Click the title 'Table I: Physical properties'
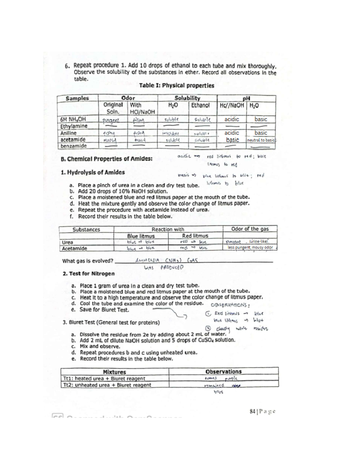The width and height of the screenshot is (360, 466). pyautogui.click(x=177, y=86)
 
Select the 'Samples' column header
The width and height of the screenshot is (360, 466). pyautogui.click(x=77, y=98)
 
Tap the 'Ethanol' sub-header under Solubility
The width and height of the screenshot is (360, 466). pyautogui.click(x=200, y=105)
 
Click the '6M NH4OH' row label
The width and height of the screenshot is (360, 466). pyautogui.click(x=73, y=119)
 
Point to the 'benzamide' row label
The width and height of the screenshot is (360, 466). pyautogui.click(x=73, y=146)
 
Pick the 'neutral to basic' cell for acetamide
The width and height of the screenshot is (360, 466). pyautogui.click(x=261, y=140)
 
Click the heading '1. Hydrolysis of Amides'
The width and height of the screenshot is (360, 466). pyautogui.click(x=93, y=172)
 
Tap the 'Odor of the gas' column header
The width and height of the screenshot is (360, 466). pyautogui.click(x=250, y=229)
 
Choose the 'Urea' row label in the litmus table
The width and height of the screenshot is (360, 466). pyautogui.click(x=67, y=242)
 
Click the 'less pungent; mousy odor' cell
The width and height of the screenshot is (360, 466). pyautogui.click(x=250, y=248)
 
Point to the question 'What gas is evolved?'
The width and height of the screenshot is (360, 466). pyautogui.click(x=88, y=261)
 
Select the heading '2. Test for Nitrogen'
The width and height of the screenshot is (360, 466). pyautogui.click(x=88, y=274)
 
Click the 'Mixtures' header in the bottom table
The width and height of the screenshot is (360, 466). pyautogui.click(x=114, y=372)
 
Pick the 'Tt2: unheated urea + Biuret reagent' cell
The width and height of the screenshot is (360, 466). pyautogui.click(x=107, y=385)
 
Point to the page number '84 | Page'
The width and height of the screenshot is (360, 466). pyautogui.click(x=262, y=411)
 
